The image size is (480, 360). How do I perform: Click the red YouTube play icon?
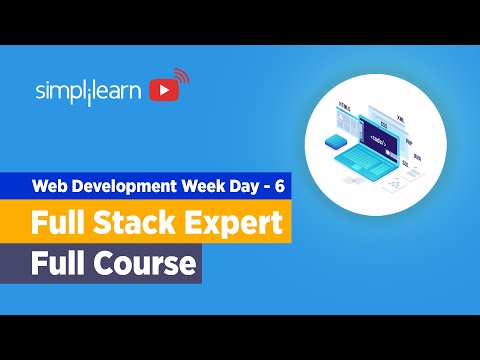[163, 90]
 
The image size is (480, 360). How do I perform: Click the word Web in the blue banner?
[50, 186]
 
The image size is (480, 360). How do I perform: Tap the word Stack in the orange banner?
[149, 222]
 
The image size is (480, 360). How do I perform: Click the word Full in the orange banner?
[64, 222]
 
